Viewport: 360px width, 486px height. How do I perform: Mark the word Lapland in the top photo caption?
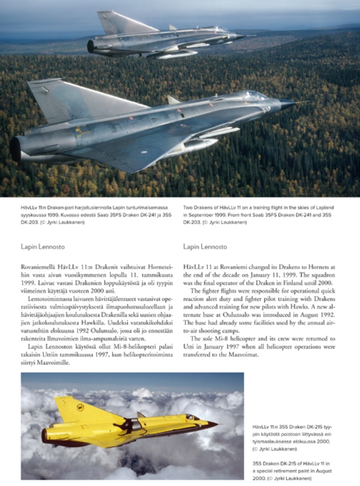(x=323, y=206)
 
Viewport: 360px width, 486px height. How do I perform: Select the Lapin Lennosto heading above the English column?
(x=205, y=247)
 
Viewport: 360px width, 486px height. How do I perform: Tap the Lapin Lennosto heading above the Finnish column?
(x=43, y=247)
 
